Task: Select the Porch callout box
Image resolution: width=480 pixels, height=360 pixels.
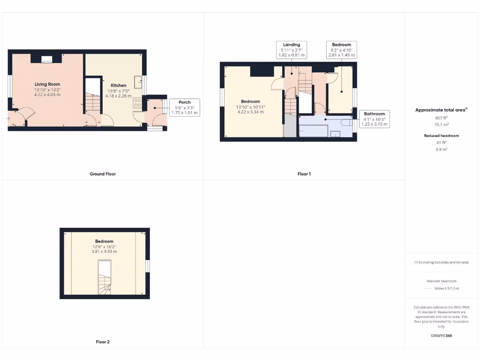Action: tap(185, 108)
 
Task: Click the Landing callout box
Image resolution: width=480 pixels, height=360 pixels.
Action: tap(292, 50)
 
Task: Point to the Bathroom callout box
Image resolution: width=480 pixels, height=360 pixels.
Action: tap(375, 119)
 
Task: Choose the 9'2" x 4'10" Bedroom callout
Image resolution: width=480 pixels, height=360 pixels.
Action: tap(342, 50)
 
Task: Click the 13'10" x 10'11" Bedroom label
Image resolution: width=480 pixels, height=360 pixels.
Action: tap(251, 106)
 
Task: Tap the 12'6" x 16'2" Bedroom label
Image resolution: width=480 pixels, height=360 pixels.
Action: tap(105, 246)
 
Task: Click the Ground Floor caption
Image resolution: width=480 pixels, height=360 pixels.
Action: tap(103, 174)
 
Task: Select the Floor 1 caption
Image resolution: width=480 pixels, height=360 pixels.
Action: tap(304, 174)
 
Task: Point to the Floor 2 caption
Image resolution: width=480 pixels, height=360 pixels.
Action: tap(103, 342)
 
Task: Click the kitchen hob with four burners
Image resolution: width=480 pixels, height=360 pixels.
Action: tap(138, 102)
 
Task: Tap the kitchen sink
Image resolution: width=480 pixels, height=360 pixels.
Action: tap(138, 82)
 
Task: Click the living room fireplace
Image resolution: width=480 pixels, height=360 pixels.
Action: tap(46, 59)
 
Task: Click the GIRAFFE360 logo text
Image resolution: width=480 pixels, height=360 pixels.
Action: tap(441, 336)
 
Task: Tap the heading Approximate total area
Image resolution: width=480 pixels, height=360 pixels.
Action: tap(441, 110)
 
